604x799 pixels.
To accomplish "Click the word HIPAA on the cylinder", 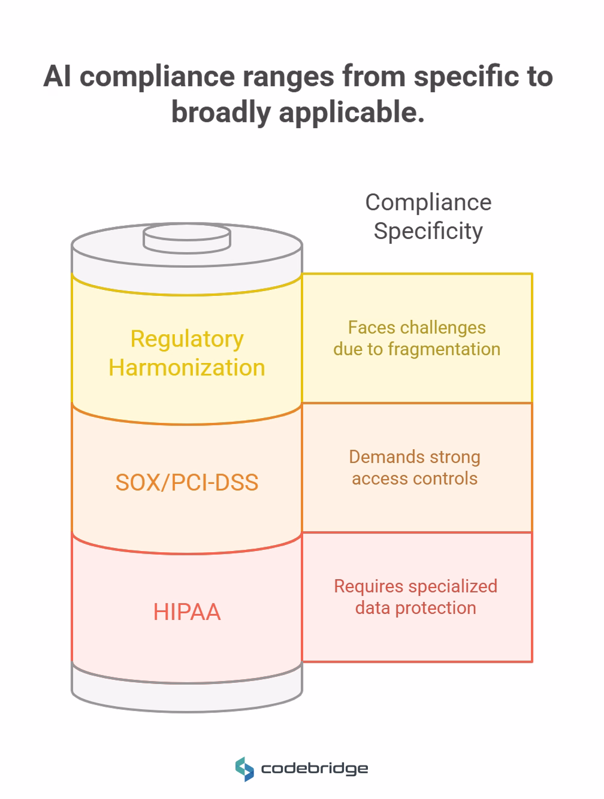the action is pyautogui.click(x=187, y=612).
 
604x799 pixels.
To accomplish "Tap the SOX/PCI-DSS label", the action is pyautogui.click(x=187, y=483).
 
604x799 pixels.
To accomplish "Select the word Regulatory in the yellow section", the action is pyautogui.click(x=187, y=339).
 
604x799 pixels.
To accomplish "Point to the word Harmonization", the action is pyautogui.click(x=187, y=368).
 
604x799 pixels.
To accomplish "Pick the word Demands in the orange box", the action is pyautogui.click(x=379, y=457).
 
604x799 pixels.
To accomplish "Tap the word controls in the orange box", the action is pyautogui.click(x=448, y=479).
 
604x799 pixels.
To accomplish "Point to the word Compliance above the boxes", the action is pyautogui.click(x=428, y=202).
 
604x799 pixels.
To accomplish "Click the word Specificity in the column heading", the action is pyautogui.click(x=428, y=231).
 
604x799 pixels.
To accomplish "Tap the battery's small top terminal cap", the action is pyautogui.click(x=187, y=239).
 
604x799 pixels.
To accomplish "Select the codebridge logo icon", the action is pyautogui.click(x=244, y=769).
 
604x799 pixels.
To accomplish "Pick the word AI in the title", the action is pyautogui.click(x=58, y=77).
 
